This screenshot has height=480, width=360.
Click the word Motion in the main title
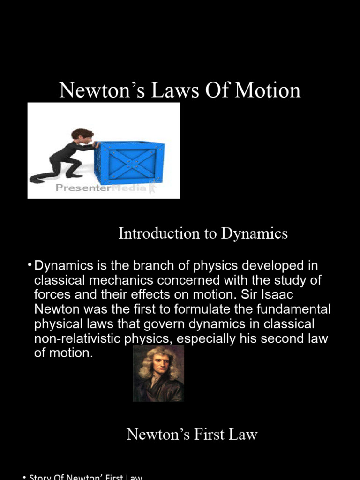(x=267, y=90)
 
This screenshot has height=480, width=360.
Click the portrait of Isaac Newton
(x=158, y=374)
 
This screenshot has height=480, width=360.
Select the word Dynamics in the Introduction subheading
(x=254, y=233)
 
